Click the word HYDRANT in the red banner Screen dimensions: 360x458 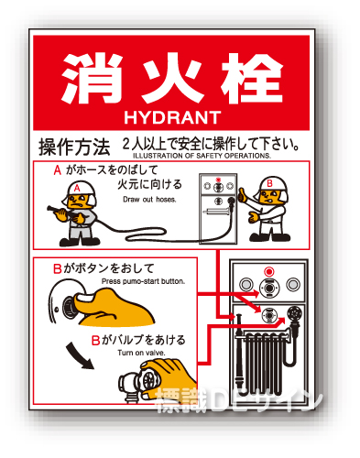tap(172, 117)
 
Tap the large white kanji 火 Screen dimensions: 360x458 tap(173, 79)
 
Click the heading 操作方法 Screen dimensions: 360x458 tap(74, 147)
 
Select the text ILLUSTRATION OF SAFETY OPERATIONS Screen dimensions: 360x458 tap(202, 156)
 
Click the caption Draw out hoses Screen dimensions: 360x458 tap(149, 200)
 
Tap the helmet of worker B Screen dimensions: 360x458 tap(273, 185)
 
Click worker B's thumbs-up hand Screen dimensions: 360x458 tap(243, 195)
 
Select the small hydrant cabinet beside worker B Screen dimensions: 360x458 tap(218, 209)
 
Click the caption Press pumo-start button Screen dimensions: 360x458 tap(143, 281)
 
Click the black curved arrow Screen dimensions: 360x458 tap(78, 356)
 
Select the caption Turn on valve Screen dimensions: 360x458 tap(141, 353)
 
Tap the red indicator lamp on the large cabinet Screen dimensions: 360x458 tap(268, 271)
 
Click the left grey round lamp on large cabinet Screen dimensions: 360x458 tap(245, 285)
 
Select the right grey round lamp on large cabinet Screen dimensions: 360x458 tap(293, 284)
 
